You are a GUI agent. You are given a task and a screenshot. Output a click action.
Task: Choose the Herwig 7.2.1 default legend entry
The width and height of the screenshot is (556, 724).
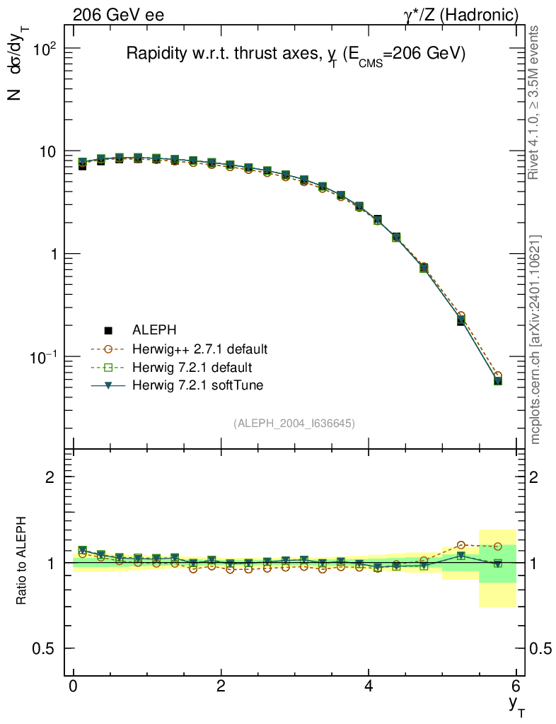click(192, 367)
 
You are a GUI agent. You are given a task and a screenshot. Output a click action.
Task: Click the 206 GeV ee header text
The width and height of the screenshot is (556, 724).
click(118, 15)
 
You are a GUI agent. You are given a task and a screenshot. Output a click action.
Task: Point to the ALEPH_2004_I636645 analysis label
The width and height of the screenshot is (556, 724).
click(294, 423)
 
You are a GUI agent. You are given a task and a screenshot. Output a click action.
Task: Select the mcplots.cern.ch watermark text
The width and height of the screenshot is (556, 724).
click(535, 339)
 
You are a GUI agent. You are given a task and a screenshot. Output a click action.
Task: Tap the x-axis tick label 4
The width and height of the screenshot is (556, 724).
click(369, 687)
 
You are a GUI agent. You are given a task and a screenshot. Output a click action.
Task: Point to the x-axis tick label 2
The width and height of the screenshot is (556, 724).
click(221, 687)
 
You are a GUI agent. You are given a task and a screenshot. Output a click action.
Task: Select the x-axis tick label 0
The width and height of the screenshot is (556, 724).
click(74, 687)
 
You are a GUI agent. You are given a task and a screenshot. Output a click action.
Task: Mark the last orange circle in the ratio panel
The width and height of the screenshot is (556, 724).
click(498, 547)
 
